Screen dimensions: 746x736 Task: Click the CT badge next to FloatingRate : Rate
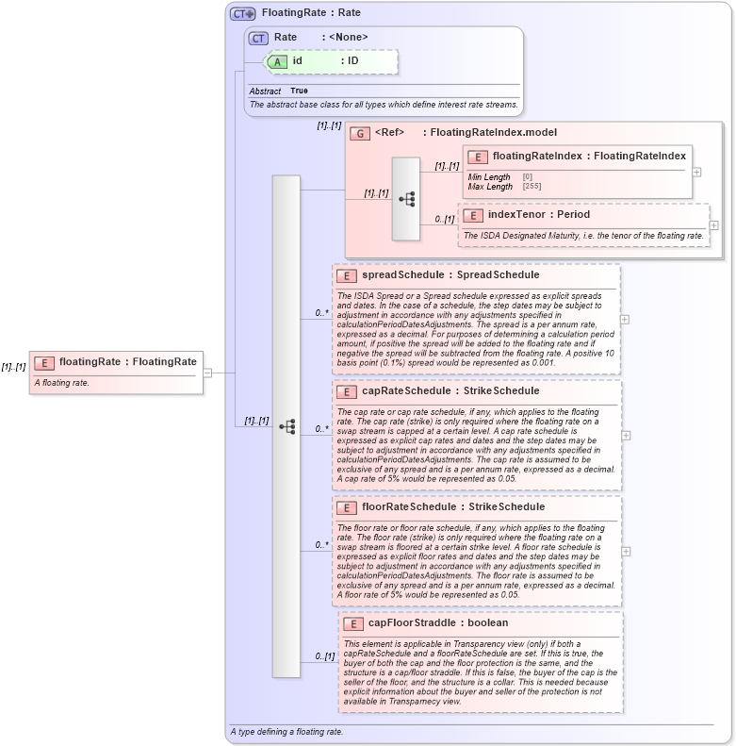pyautogui.click(x=243, y=13)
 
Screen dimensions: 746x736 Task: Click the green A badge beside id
pyautogui.click(x=277, y=61)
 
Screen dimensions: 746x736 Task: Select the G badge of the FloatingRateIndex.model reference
pyautogui.click(x=359, y=133)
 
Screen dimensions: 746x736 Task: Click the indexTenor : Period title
pyautogui.click(x=538, y=215)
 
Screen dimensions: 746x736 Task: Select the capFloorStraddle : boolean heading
pyautogui.click(x=437, y=623)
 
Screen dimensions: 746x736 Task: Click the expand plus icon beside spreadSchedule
pyautogui.click(x=625, y=319)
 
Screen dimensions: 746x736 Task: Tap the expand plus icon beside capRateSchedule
pyautogui.click(x=625, y=435)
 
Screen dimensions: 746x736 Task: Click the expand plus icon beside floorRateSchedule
pyautogui.click(x=625, y=551)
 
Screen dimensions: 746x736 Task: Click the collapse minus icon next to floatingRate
pyautogui.click(x=207, y=372)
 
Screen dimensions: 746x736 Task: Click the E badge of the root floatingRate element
pyautogui.click(x=43, y=362)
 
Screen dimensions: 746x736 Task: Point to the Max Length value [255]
pyautogui.click(x=532, y=187)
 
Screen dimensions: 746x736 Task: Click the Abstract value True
pyautogui.click(x=299, y=91)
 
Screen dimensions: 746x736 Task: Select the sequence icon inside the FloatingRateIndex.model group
pyautogui.click(x=406, y=199)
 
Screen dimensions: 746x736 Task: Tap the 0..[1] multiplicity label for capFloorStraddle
pyautogui.click(x=324, y=656)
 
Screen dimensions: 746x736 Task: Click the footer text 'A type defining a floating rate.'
pyautogui.click(x=286, y=732)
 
